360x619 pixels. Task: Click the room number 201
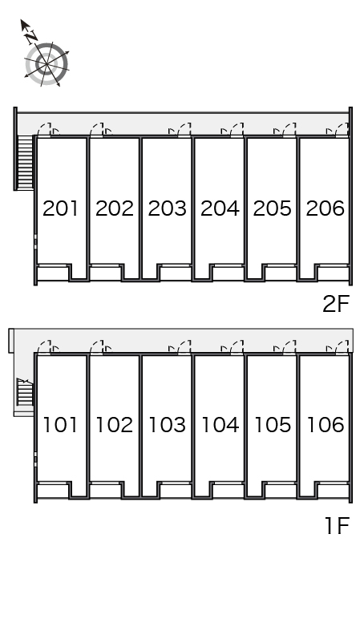point(60,208)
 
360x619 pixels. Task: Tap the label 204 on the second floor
point(220,208)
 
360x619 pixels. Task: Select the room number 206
point(326,208)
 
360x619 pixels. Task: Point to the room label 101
point(60,425)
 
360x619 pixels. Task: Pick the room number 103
point(167,425)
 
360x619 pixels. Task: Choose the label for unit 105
point(273,425)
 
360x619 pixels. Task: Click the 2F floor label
point(336,304)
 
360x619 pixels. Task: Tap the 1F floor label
point(337,526)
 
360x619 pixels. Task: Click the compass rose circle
point(47,64)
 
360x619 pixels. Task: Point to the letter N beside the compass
point(30,37)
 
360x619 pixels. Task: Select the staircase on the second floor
point(26,163)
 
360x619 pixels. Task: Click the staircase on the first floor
point(25,391)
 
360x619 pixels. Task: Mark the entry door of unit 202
point(97,129)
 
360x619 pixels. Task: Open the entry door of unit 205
point(289,129)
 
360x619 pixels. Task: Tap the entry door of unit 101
point(45,347)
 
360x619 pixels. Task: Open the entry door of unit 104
point(237,347)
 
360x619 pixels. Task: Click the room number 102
point(114,425)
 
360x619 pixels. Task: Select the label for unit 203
point(167,208)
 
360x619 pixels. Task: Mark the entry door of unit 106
point(342,347)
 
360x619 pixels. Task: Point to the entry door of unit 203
point(184,129)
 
